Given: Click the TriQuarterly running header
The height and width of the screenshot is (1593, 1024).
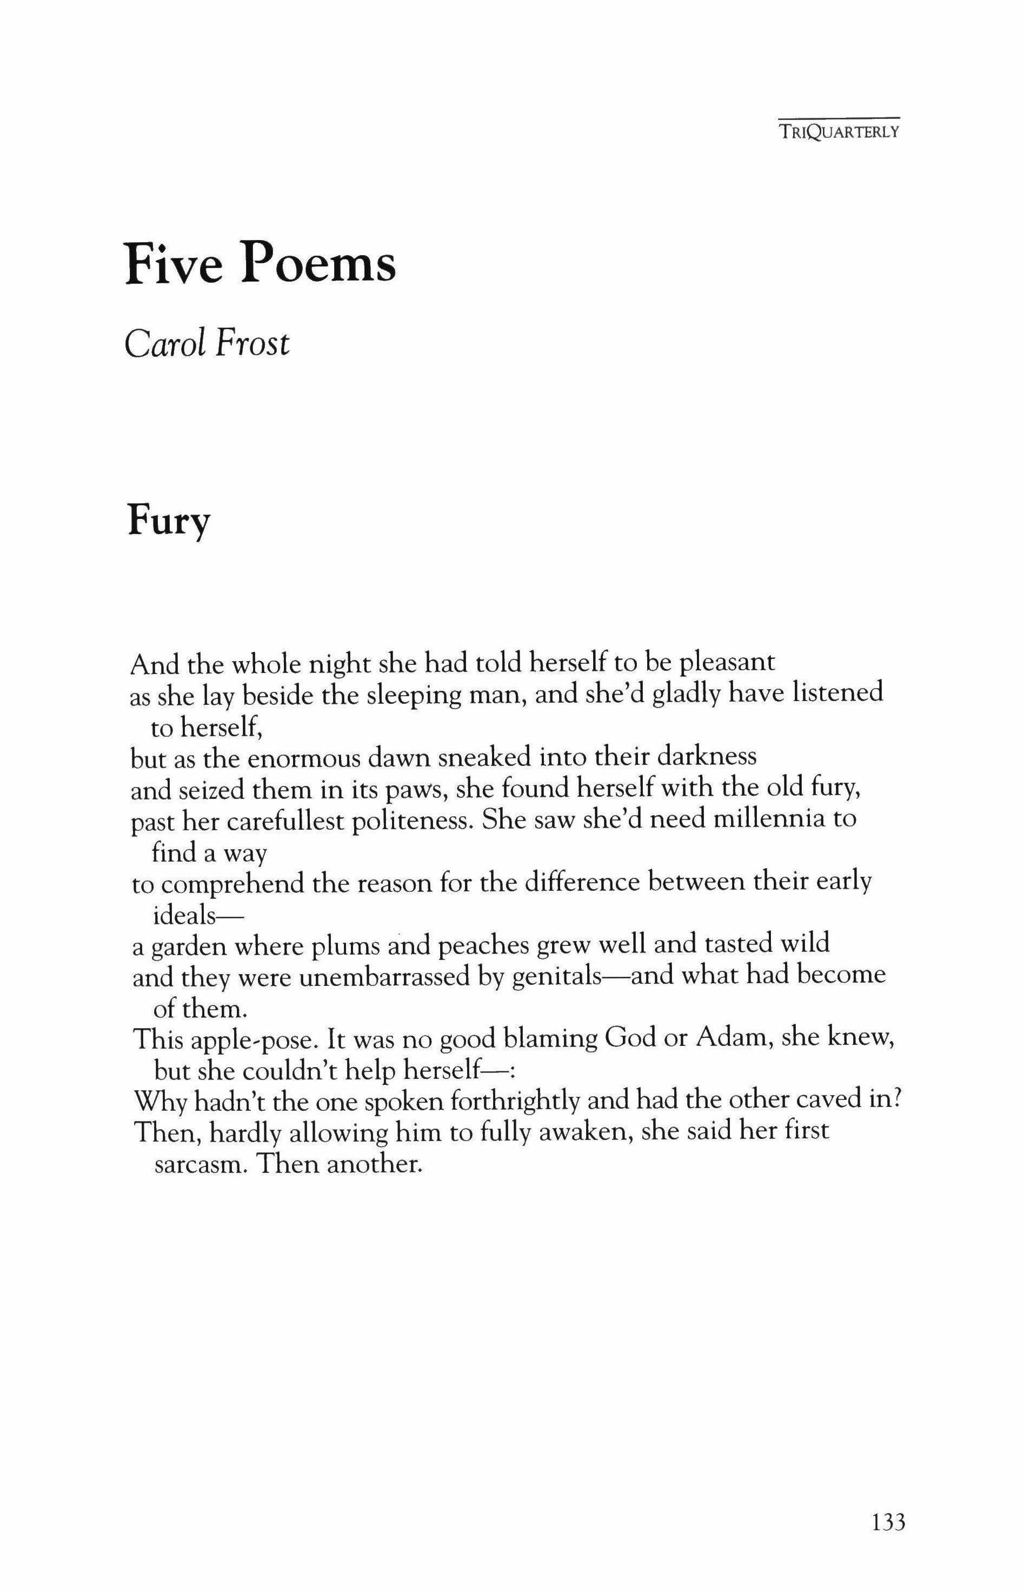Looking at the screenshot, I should [x=840, y=132].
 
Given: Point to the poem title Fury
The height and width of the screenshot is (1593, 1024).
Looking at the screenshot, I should [x=168, y=522].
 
